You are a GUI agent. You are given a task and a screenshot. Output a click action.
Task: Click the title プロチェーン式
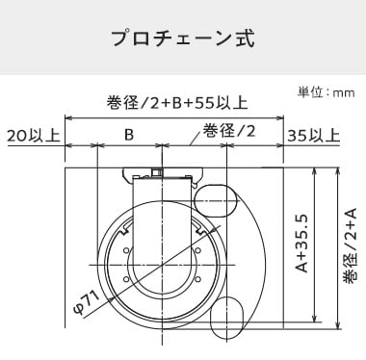pos(183,39)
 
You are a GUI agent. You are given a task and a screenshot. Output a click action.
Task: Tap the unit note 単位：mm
pos(326,93)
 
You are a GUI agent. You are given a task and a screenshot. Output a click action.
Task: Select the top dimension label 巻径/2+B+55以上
pos(177,103)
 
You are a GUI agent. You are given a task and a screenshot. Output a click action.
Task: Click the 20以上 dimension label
pos(34,136)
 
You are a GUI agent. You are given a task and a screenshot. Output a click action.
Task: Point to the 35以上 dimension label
pos(313,136)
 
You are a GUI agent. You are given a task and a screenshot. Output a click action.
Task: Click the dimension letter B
pos(129,135)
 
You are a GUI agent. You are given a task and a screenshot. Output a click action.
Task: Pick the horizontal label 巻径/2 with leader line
pos(228,131)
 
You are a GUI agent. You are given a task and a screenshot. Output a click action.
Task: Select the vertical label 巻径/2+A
pos(350,246)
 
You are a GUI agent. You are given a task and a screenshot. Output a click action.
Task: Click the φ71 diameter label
pos(87,301)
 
